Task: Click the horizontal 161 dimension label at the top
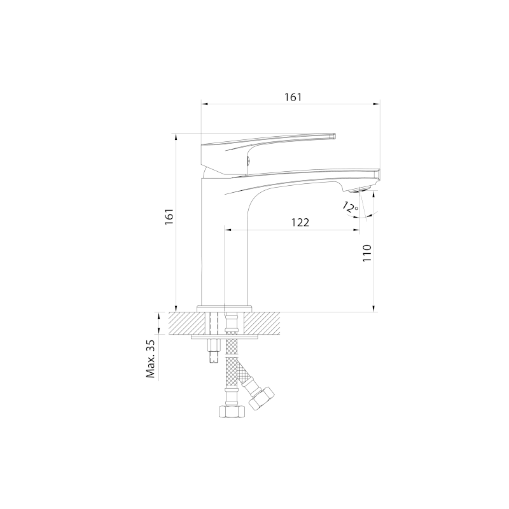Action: point(293,97)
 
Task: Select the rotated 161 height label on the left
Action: point(169,216)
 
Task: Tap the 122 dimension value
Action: point(300,223)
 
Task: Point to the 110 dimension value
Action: point(367,253)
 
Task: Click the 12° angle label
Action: point(350,207)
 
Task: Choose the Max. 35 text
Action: point(151,359)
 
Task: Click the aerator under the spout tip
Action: point(361,190)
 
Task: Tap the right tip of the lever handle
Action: point(335,136)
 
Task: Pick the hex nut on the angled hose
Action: point(261,398)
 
